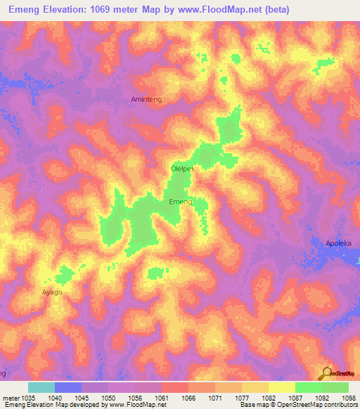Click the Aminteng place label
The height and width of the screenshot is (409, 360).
tap(146, 100)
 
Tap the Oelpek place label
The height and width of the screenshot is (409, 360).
tap(182, 169)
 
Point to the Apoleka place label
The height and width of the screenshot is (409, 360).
tap(337, 243)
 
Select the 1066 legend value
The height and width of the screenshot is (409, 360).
tap(188, 398)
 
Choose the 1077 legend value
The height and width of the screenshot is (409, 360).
tap(242, 398)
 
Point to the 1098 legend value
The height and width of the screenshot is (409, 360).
tap(349, 398)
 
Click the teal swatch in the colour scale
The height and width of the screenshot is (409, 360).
tap(41, 387)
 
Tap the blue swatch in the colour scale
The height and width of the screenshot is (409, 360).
tap(68, 387)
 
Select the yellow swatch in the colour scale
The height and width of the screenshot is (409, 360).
tap(282, 387)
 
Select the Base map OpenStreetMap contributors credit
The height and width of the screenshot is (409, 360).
tap(298, 405)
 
